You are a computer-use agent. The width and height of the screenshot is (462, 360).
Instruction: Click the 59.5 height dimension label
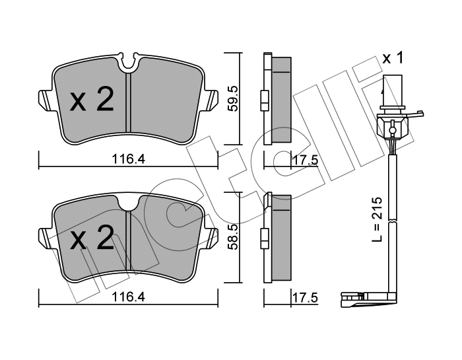pos(234,99)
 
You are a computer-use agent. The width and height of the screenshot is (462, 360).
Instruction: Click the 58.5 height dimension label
pos(234,237)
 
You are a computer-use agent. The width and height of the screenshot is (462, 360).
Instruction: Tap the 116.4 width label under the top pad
pos(129,159)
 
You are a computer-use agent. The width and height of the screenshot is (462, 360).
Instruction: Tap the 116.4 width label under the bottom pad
pos(129,297)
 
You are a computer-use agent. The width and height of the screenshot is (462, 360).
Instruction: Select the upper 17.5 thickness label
pos(305,161)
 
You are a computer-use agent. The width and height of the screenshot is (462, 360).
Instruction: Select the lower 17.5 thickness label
pos(305,298)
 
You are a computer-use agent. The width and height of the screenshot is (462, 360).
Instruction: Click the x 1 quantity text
pos(392,57)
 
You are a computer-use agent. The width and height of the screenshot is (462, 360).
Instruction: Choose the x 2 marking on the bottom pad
pos(91,238)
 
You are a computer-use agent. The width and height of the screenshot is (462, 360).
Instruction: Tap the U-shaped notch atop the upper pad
pos(128,63)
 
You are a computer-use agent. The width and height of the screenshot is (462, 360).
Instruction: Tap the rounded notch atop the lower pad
pos(128,203)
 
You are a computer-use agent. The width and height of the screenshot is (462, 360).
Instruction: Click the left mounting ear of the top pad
pos(46,100)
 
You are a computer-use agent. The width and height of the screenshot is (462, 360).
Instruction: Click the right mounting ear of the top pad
pos(211,100)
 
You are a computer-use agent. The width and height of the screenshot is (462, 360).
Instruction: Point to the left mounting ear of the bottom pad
pos(46,238)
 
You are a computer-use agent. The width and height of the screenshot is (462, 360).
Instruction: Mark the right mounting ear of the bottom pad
pos(211,238)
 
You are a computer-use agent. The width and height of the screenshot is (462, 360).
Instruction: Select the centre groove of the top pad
pos(128,102)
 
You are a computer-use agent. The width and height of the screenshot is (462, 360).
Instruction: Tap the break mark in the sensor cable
pos(392,221)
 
